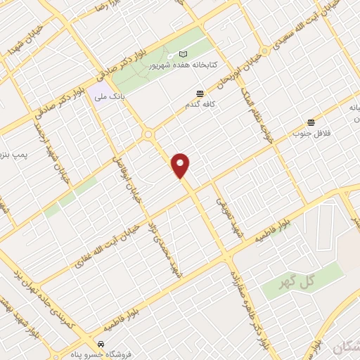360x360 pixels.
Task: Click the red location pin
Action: point(181,165)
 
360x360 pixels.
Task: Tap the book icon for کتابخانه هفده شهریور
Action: point(184,54)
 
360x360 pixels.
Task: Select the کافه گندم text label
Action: point(200,104)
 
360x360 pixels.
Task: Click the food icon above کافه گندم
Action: point(200,93)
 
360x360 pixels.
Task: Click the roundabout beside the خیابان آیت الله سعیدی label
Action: point(264,52)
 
